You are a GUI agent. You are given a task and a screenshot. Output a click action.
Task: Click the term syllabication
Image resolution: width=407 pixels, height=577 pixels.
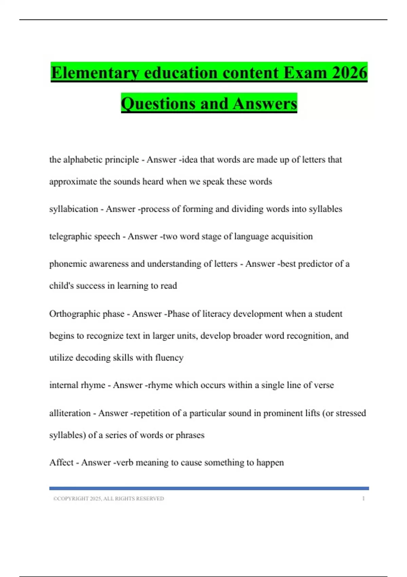74,209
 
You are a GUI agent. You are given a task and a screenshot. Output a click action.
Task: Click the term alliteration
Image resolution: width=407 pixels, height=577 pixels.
70,413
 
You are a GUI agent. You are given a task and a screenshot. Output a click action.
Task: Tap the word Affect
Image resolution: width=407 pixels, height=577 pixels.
61,462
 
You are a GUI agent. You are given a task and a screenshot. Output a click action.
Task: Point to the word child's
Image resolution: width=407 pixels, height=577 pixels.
60,286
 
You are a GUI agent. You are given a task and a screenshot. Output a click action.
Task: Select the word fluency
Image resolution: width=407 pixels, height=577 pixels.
169,357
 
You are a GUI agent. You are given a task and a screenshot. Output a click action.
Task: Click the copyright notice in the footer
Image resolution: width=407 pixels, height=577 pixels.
109,499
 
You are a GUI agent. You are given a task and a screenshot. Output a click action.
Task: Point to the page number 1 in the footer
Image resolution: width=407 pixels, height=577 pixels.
363,499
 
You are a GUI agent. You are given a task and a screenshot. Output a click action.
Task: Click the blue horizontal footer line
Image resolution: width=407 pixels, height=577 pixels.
209,488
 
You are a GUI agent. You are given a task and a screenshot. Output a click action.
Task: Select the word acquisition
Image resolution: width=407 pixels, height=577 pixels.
292,236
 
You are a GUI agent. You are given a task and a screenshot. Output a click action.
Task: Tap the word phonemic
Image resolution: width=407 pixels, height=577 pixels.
68,264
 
